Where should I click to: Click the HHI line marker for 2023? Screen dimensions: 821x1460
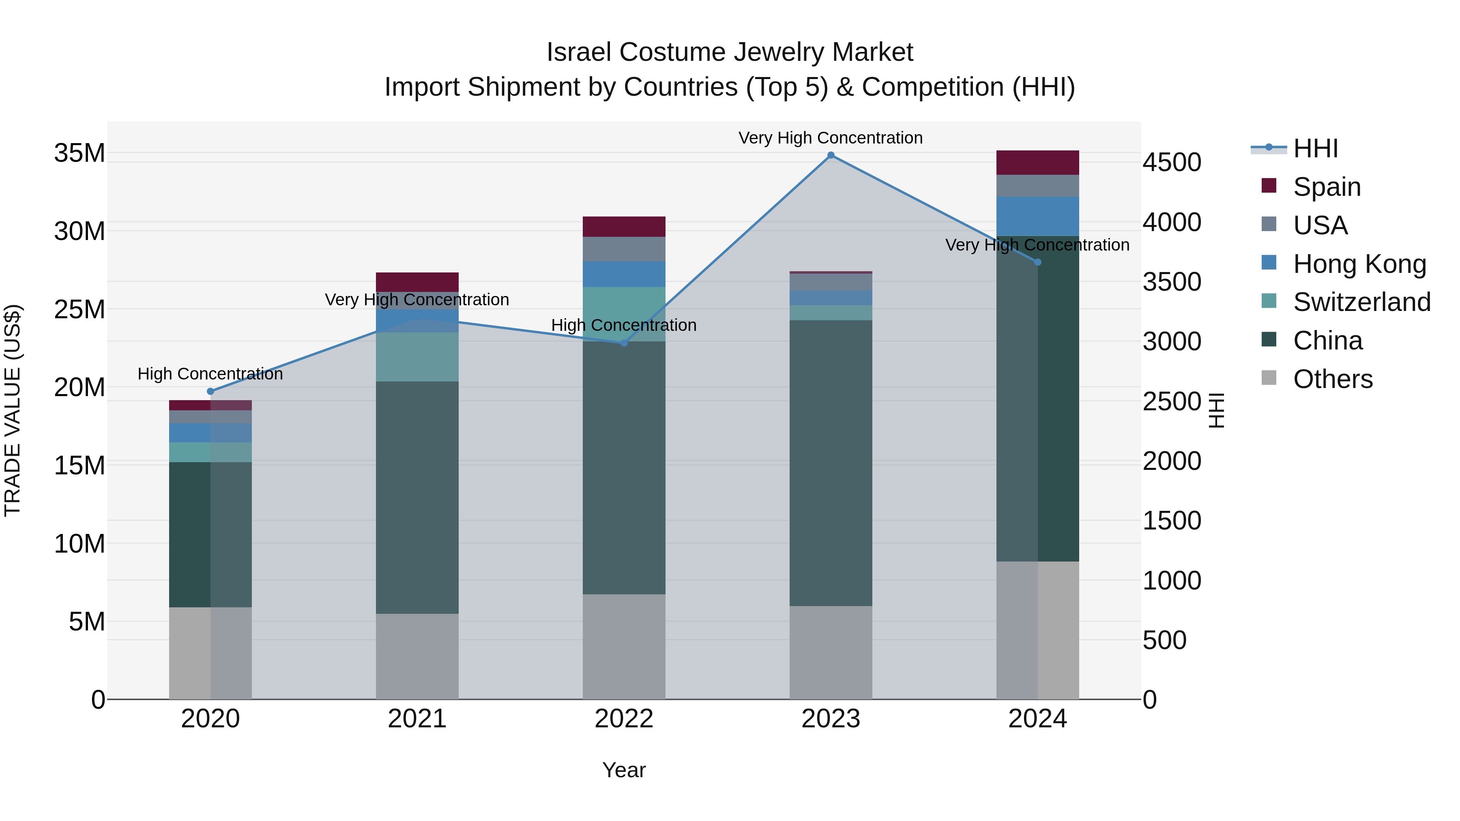(830, 155)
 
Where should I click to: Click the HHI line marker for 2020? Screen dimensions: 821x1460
(210, 392)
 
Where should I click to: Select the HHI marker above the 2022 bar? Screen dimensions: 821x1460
(624, 343)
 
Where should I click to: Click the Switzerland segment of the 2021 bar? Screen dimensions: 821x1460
(417, 357)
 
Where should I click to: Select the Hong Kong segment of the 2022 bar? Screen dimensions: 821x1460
(624, 274)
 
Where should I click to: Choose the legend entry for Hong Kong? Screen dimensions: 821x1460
(1359, 264)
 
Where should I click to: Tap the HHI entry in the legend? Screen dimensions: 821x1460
(1315, 148)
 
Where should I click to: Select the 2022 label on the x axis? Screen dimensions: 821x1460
(624, 719)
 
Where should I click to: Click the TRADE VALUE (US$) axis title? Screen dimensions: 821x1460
(13, 410)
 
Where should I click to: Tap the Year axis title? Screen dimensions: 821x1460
(624, 770)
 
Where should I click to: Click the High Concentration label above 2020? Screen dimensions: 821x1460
(210, 374)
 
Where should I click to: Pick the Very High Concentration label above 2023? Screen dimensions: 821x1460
(830, 138)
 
